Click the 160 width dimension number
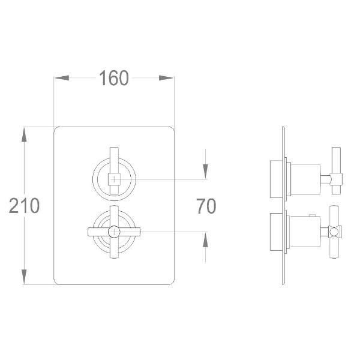114,78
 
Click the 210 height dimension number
25,205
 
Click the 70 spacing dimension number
206,206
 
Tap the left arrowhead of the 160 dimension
62,78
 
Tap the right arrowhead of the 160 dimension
166,78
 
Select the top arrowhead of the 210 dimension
24,134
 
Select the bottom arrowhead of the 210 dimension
24,277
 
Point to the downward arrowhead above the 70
205,171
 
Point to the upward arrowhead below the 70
205,240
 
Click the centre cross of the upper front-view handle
114,179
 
